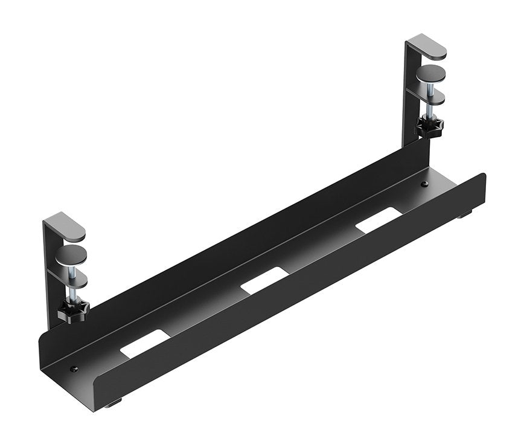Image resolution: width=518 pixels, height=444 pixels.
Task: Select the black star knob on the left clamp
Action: click(x=74, y=311)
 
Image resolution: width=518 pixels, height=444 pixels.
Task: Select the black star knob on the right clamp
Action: click(x=429, y=127)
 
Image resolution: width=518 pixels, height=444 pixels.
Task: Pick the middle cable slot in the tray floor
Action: click(x=265, y=280)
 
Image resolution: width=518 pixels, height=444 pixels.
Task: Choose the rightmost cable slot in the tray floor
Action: click(x=379, y=220)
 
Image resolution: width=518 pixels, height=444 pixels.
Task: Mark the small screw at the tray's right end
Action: click(x=424, y=184)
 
